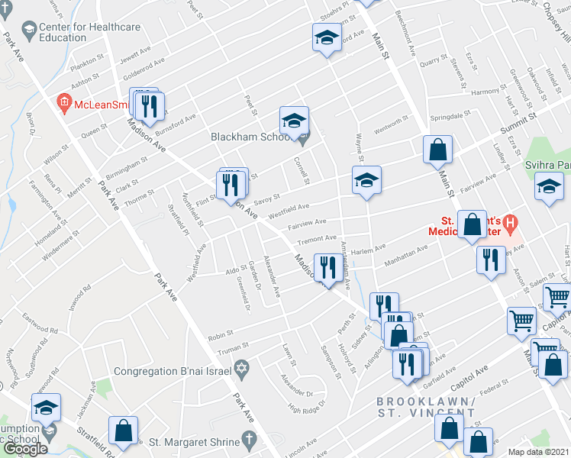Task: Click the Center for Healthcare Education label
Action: [x=89, y=32]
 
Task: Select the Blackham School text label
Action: [x=249, y=137]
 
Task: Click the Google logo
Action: [x=25, y=449]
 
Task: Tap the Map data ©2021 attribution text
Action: [x=539, y=452]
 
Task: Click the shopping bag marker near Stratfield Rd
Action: [x=123, y=431]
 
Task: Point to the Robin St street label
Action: [x=220, y=334]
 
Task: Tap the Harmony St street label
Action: [x=485, y=92]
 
